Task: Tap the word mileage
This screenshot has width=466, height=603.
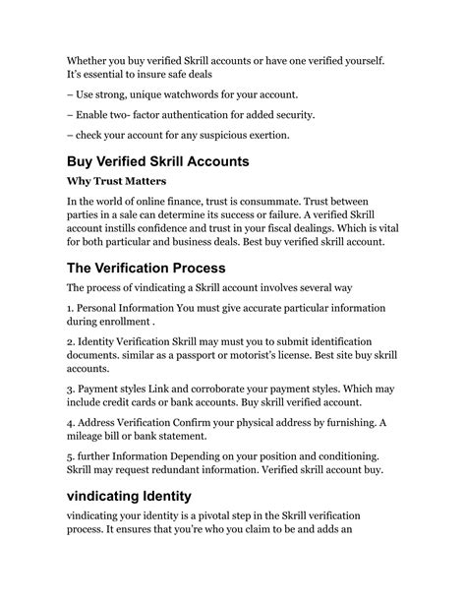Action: [x=93, y=464]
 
